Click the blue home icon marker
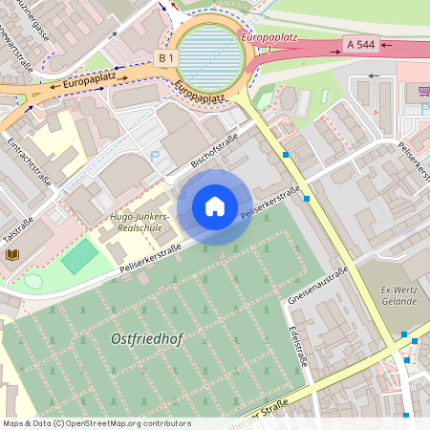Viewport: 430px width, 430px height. [215, 206]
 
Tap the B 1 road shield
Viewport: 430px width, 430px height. [166, 58]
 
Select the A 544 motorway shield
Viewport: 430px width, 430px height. [361, 44]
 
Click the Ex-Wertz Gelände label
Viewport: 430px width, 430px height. [398, 295]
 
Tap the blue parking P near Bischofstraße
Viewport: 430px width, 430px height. [155, 157]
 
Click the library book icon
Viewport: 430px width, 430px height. [12, 255]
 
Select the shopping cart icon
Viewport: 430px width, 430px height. [423, 91]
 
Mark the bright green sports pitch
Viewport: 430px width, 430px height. [79, 255]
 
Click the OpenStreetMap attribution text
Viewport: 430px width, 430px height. [97, 423]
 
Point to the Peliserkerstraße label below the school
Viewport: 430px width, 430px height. [151, 260]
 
